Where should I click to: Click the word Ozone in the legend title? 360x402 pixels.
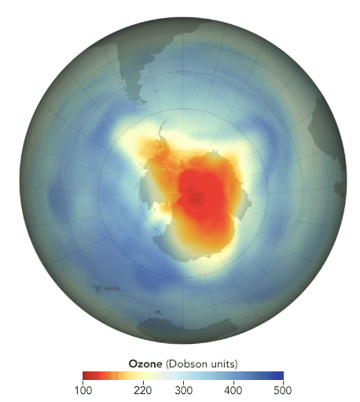coord(145,363)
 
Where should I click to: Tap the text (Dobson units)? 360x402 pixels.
coord(200,363)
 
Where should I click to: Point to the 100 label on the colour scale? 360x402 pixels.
coord(83,390)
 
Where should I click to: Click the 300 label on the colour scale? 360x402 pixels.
coord(182,390)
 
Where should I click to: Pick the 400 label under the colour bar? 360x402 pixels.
coord(233,390)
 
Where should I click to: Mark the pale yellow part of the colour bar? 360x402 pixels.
coord(154,375)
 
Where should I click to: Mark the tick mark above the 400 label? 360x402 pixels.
coord(233,382)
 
